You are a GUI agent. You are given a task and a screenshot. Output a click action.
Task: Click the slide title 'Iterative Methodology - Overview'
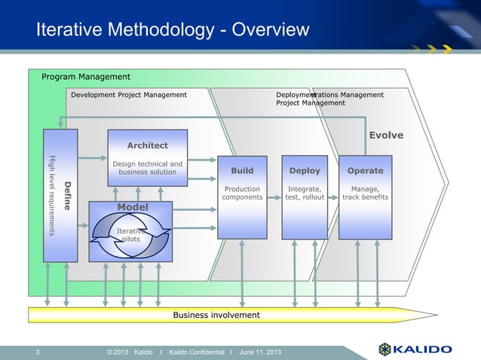coord(173,31)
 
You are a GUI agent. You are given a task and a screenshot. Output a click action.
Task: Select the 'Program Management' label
coord(85,77)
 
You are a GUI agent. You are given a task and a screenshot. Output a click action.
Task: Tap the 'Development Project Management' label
coord(128,95)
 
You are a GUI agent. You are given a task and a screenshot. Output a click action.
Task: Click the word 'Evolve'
coord(385,136)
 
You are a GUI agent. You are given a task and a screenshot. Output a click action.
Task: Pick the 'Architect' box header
coord(147,145)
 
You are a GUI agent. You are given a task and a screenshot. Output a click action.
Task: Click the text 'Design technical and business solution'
coord(147,168)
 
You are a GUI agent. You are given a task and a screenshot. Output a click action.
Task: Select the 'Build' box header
coord(242,171)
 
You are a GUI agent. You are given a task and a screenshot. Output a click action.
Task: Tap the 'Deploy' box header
coord(305,171)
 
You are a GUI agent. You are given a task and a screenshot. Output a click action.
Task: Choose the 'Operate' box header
coord(365,171)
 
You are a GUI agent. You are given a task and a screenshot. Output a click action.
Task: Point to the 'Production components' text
coord(242,193)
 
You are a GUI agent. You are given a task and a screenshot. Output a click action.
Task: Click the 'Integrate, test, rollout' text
coord(305,193)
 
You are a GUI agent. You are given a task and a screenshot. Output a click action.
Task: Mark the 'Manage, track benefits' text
coord(365,193)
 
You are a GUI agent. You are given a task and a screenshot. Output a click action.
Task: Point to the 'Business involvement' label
coord(216,314)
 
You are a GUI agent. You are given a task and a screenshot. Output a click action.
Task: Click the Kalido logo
coord(415,349)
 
